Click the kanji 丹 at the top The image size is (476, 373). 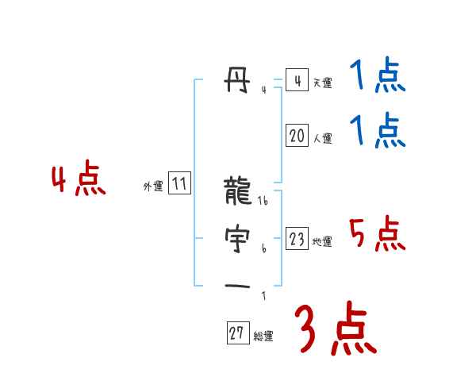tap(238, 80)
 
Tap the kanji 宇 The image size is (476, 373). tap(238, 238)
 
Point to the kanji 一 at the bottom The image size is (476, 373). tap(238, 285)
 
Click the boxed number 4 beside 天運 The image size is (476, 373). tap(297, 81)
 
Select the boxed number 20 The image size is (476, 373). tap(297, 136)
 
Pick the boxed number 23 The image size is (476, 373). tap(297, 239)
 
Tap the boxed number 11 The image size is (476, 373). tap(179, 185)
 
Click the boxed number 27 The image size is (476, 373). tap(237, 333)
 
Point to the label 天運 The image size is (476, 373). tap(322, 83)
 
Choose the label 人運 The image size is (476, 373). tap(322, 138)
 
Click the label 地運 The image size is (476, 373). tap(322, 241)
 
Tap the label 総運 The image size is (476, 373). tap(263, 336)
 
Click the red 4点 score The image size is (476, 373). tap(79, 180)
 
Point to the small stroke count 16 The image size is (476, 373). tap(264, 201)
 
